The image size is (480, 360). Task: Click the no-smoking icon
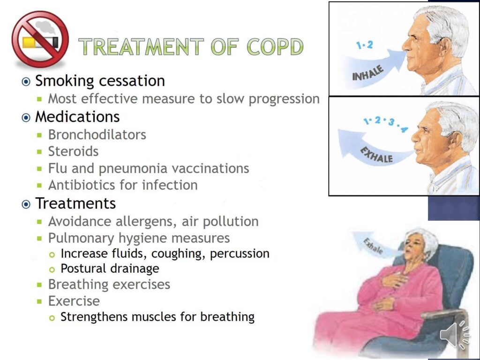tap(40, 40)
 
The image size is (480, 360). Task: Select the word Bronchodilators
tap(97, 135)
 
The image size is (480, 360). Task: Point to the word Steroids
tap(73, 151)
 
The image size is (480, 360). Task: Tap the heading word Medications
tap(77, 116)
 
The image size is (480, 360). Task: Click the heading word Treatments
tap(75, 203)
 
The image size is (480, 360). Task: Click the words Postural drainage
tap(110, 269)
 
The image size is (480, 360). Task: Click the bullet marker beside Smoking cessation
tap(26, 82)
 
